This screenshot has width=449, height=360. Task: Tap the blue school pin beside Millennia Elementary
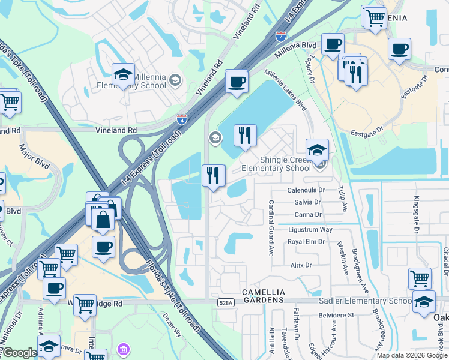[x=123, y=75]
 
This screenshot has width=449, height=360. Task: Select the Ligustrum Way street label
[x=310, y=230]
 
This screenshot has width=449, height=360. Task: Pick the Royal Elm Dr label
[x=306, y=242]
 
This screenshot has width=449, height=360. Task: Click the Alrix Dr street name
[x=301, y=265]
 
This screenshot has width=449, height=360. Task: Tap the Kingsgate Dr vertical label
[x=415, y=214]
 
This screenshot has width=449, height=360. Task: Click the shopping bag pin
[x=103, y=220]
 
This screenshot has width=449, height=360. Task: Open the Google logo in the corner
[x=20, y=353]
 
